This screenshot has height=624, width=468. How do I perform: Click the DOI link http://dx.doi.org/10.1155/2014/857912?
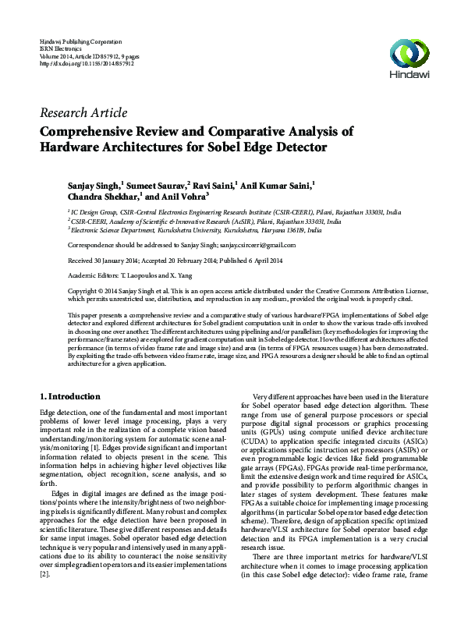[x=87, y=64]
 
